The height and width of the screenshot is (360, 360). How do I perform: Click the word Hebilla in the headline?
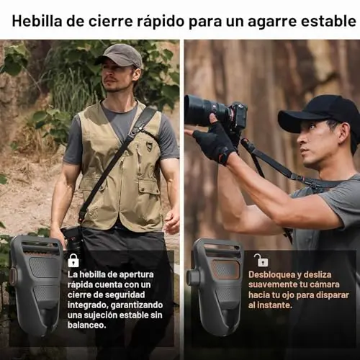(x=37, y=21)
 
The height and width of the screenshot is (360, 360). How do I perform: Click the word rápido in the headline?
(x=160, y=22)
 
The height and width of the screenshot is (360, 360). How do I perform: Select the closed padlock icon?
(x=73, y=261)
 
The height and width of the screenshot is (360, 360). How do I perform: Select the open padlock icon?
(x=261, y=260)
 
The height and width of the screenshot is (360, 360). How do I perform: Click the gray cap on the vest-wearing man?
(x=120, y=55)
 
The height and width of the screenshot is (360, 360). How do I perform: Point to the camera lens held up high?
(x=207, y=109)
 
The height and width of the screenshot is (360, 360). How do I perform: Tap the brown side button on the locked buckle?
(x=12, y=276)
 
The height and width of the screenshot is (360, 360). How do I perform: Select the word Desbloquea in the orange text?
(x=270, y=274)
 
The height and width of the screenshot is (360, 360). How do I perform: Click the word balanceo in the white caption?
(x=86, y=325)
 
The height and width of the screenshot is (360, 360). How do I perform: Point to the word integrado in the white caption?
(x=88, y=305)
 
